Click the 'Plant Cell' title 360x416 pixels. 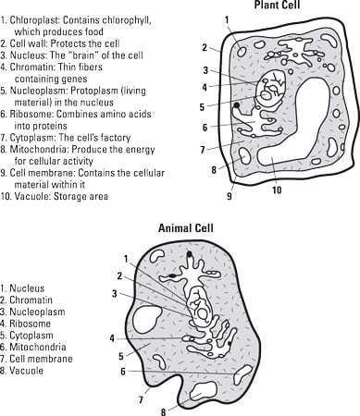tap(277, 5)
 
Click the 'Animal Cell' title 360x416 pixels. tap(186, 228)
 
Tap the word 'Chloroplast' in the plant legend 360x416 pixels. tap(35, 20)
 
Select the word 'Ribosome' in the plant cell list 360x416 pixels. tap(31, 114)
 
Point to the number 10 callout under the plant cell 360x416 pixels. tap(277, 190)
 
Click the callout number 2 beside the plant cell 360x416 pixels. tap(205, 48)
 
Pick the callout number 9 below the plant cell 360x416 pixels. tap(230, 196)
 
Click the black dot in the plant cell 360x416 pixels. tap(237, 105)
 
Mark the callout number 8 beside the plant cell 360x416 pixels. tap(214, 170)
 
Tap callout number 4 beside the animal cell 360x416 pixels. tap(112, 338)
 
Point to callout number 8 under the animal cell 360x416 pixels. tap(164, 411)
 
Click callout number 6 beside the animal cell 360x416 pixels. tap(123, 372)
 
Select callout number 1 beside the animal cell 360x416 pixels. tap(126, 259)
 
